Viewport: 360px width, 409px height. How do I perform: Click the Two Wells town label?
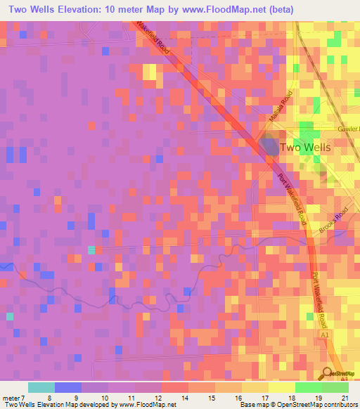pyautogui.click(x=305, y=148)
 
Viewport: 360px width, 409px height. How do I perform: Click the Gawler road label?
pyautogui.click(x=348, y=129)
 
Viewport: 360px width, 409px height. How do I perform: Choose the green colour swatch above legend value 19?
pyautogui.click(x=308, y=387)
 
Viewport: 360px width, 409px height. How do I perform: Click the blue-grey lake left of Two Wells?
pyautogui.click(x=268, y=146)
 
